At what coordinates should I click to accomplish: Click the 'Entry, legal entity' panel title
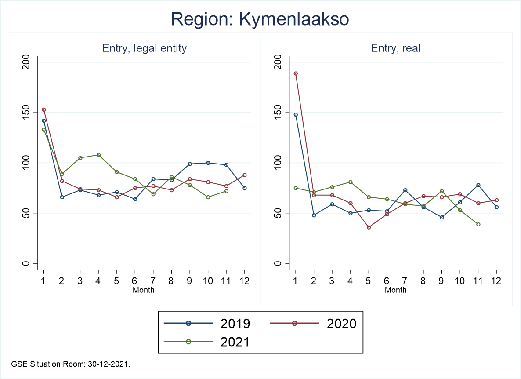click(x=144, y=48)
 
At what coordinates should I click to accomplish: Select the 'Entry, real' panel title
click(x=395, y=48)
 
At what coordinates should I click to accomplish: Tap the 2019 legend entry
click(x=206, y=324)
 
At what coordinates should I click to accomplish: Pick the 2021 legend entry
click(x=206, y=342)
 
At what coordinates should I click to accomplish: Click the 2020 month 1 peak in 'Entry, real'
click(x=296, y=73)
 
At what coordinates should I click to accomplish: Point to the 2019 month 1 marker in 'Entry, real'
click(x=296, y=115)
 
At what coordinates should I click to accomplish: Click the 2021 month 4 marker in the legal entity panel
click(x=98, y=155)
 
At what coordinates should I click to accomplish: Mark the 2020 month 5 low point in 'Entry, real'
click(x=369, y=227)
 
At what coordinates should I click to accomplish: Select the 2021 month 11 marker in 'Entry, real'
click(x=478, y=224)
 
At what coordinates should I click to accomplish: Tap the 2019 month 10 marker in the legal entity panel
click(x=208, y=163)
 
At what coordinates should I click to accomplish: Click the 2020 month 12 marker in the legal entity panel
click(x=244, y=175)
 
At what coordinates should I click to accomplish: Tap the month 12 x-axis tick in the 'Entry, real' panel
click(x=496, y=281)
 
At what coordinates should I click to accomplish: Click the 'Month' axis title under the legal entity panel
click(x=144, y=290)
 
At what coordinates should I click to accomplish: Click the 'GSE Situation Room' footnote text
click(x=71, y=364)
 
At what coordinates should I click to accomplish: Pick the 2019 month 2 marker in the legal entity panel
click(x=62, y=197)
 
